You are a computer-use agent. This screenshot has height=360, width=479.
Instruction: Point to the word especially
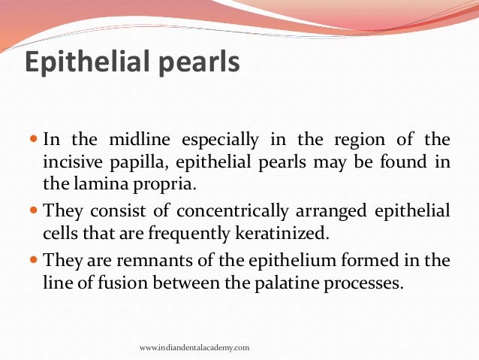(x=215, y=141)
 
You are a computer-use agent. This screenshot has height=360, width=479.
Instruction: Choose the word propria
(x=151, y=183)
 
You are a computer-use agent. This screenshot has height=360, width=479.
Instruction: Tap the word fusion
(x=112, y=283)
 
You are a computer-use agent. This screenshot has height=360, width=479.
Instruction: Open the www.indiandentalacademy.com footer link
(x=194, y=348)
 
